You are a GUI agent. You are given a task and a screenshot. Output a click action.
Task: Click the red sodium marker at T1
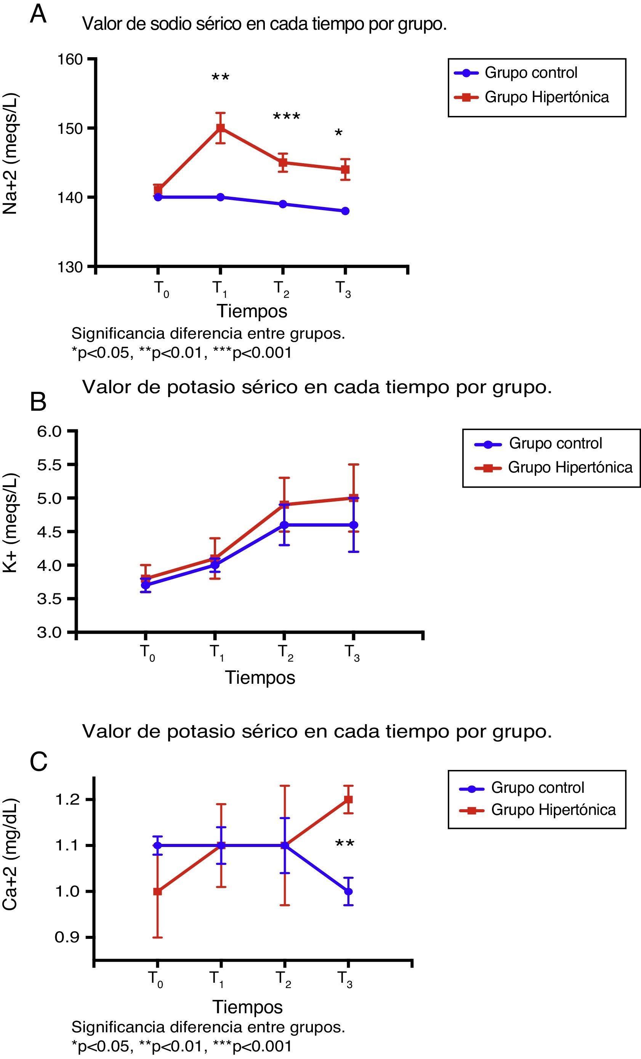pos(220,128)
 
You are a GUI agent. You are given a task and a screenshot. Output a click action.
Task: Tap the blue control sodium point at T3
pos(345,211)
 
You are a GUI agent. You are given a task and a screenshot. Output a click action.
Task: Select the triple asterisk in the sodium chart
pos(287,117)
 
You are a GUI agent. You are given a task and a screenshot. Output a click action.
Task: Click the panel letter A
pos(38,14)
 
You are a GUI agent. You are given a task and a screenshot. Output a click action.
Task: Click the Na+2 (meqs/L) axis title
pos(10,153)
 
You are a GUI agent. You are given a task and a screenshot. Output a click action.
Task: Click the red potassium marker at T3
pos(353,498)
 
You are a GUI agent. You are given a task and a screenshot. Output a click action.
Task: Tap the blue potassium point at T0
pos(146,585)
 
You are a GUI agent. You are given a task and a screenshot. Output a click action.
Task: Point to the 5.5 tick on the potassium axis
pos(50,465)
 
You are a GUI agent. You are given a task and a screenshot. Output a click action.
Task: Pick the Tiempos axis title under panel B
pos(260,678)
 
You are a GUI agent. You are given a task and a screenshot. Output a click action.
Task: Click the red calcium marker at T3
pos(348,799)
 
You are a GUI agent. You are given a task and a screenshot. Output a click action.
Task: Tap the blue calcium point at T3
pos(348,891)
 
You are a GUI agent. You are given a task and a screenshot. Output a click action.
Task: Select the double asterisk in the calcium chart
pos(345,844)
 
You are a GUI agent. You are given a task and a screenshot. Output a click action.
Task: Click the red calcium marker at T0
pos(158,891)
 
